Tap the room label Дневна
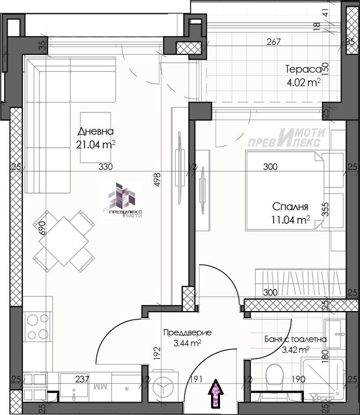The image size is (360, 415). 96,131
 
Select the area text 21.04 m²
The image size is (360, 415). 96,144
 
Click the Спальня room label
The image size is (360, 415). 290,207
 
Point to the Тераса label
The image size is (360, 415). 303,69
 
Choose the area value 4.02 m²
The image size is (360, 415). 304,82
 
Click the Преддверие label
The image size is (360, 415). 188,333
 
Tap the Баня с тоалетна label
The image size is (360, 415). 296,339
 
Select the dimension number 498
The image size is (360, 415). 157,180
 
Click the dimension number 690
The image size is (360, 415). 42,228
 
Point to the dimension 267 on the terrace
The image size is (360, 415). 274,42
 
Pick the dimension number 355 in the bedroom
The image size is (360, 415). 326,209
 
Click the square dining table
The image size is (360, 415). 64,241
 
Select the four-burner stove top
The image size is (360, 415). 37,327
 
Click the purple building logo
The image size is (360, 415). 123,200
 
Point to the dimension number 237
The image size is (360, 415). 82,379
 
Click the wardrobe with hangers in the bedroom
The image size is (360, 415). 300,283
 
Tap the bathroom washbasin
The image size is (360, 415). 334,334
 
